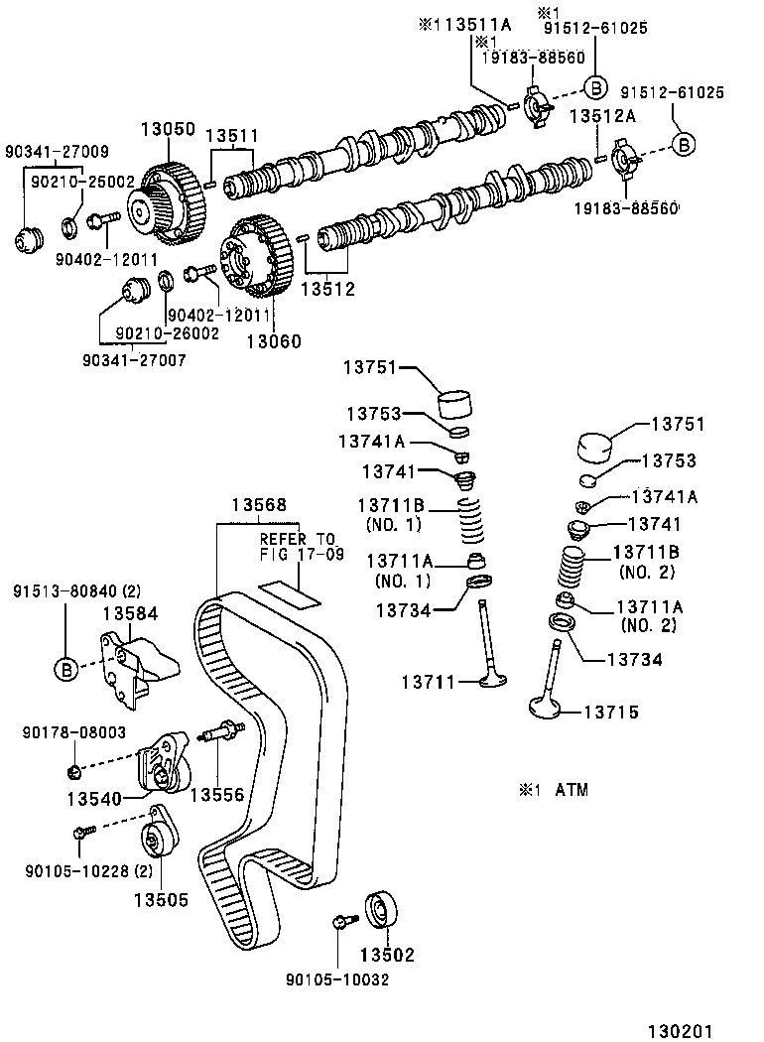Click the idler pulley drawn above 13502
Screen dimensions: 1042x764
pos(383,910)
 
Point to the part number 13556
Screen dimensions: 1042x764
pos(216,794)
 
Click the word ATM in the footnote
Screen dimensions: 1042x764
pos(571,790)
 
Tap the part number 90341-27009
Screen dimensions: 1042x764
pos(57,152)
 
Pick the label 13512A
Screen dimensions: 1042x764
pos(602,116)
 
